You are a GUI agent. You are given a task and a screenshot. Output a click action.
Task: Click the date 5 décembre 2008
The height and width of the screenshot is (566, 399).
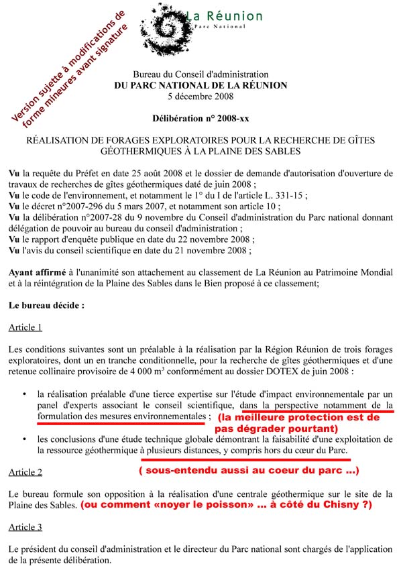tap(201, 96)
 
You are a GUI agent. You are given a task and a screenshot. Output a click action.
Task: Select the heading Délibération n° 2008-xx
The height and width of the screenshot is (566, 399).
tap(201, 117)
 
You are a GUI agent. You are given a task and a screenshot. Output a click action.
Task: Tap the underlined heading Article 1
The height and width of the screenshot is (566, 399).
tap(25, 327)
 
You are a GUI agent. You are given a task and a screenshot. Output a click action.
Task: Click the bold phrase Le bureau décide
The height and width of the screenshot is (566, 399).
tap(46, 305)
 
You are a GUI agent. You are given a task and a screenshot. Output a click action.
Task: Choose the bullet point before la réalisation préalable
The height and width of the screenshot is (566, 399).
tap(24, 395)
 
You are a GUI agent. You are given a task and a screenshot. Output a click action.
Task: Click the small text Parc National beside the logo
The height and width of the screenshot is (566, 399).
tap(225, 26)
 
